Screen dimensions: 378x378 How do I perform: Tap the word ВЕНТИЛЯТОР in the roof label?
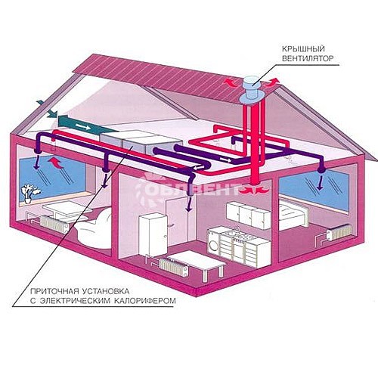(x=308, y=58)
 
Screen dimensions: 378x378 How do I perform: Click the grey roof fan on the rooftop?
(x=252, y=90)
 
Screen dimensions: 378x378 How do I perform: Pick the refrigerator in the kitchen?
(x=153, y=234)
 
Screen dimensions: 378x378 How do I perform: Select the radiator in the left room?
(x=54, y=224)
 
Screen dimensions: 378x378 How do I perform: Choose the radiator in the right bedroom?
(x=339, y=232)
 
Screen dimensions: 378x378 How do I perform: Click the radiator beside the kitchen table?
(x=174, y=267)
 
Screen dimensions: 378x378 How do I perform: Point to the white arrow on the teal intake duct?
(x=83, y=126)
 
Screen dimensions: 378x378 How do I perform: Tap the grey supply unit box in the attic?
(x=141, y=142)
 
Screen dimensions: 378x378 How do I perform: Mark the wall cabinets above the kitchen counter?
(x=249, y=215)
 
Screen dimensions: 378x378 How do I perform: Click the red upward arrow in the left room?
(x=56, y=162)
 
